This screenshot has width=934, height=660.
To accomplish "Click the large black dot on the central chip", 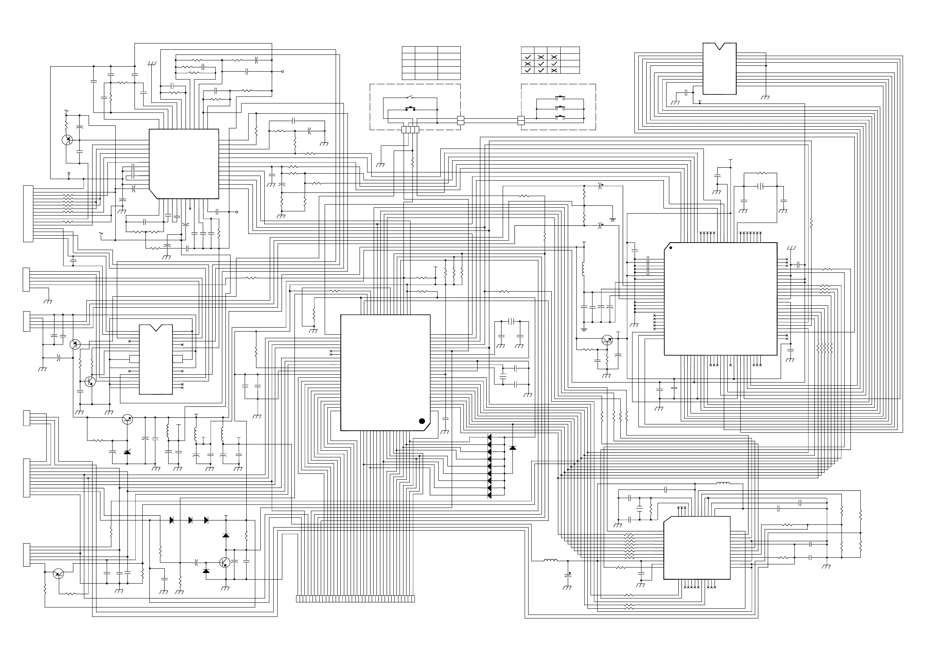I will coord(422,421).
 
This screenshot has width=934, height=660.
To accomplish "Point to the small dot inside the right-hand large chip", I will coord(671,248).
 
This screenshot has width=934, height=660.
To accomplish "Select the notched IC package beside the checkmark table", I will coord(719,69).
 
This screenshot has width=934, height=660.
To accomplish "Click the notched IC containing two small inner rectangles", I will coord(156,359).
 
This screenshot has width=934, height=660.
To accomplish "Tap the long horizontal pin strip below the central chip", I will coord(355,599).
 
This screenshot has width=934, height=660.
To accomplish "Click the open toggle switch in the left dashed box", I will coord(410,98).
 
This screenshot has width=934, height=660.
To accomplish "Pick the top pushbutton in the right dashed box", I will coord(560,98).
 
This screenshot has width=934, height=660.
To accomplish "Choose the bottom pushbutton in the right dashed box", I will coord(560,118).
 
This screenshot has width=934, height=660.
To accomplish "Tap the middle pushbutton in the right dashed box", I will coord(560,108).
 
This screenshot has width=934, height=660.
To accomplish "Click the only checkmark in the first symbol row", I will coord(528,57).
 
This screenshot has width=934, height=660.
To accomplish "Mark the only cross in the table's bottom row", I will coord(554,71).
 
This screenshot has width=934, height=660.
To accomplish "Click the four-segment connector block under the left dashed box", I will coord(410,130).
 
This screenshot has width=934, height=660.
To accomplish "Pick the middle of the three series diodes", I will coord(190,520).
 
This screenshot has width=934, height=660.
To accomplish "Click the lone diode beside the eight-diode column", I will coord(512,448).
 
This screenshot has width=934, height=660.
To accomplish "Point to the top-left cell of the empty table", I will coord(408,50).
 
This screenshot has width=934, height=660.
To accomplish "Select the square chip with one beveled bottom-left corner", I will coord(184,164).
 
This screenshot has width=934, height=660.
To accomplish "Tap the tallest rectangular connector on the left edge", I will coord(28,214).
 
